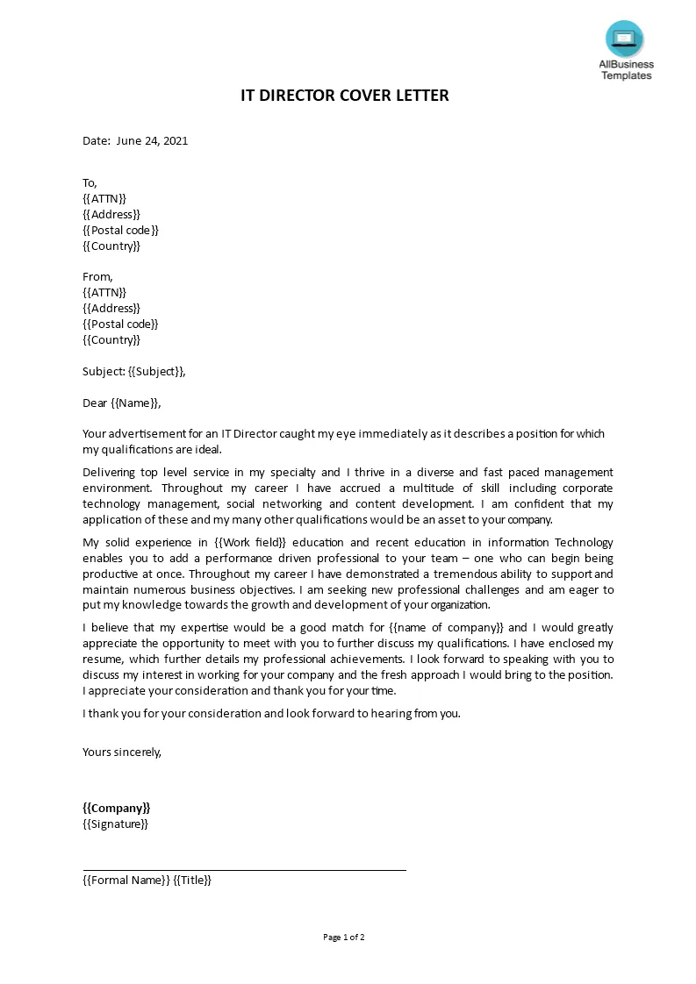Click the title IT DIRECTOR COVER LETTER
point(345,96)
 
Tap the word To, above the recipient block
point(90,182)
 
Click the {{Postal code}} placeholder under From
point(120,324)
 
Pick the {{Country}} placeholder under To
point(111,246)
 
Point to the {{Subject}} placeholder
point(155,371)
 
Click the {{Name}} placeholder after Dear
point(135,403)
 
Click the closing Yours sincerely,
point(122,752)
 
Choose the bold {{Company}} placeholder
point(117,808)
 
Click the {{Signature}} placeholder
point(116,824)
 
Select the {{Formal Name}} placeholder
point(126,880)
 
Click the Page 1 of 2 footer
point(344,937)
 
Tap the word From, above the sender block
point(97,276)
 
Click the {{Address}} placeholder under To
point(111,214)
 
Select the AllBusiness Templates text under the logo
point(626,70)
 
